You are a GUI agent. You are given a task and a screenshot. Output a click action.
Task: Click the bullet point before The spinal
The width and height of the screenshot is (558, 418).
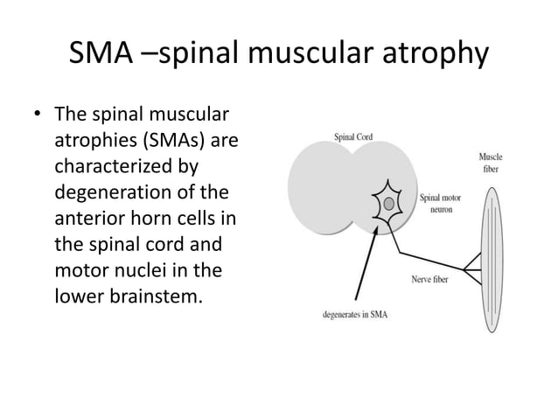pyautogui.click(x=38, y=115)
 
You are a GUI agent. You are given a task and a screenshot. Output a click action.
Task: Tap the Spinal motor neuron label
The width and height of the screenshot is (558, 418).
pyautogui.click(x=442, y=203)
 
